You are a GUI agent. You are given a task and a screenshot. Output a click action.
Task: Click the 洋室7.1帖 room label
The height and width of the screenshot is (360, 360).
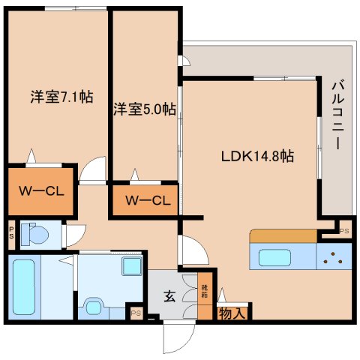point(61,97)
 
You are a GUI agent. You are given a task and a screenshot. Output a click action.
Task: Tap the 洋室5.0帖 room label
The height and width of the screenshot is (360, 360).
point(145,109)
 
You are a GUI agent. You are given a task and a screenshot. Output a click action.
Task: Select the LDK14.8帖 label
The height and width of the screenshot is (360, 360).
point(256,157)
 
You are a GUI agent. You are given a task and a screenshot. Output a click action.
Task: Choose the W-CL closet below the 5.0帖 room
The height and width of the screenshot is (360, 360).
point(147,201)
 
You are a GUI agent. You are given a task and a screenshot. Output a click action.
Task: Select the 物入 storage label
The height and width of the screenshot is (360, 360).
point(231,313)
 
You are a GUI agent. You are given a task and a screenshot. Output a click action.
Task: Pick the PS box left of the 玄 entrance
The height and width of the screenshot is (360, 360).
point(136,313)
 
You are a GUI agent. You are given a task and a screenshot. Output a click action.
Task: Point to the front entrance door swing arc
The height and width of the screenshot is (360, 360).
point(177,337)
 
